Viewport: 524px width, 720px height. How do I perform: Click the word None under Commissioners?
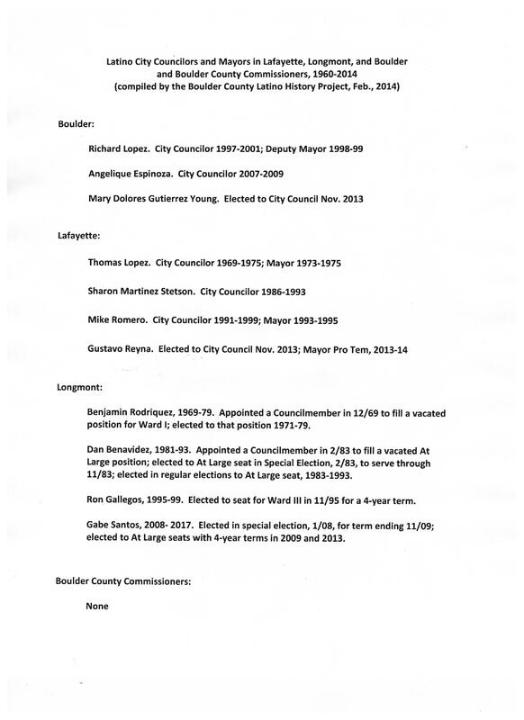[x=95, y=607]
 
